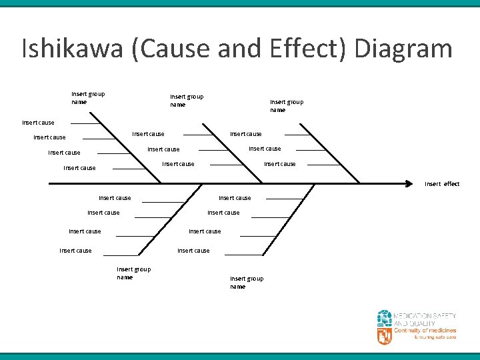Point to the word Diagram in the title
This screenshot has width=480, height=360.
[x=404, y=49]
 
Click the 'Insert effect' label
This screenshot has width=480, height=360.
[x=442, y=184]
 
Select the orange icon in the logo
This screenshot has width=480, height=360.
[x=385, y=335]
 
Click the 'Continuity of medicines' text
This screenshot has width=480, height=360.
[x=425, y=331]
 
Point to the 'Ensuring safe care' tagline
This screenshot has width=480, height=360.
[x=435, y=337]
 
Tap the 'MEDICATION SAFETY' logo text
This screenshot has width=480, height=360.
[x=425, y=315]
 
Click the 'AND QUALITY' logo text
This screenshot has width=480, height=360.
[x=415, y=323]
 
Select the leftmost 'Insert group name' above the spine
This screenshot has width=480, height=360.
[x=88, y=98]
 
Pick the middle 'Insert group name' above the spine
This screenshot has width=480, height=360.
[x=187, y=101]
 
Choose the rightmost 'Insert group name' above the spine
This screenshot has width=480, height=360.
[x=287, y=105]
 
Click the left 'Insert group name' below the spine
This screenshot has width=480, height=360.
[x=133, y=273]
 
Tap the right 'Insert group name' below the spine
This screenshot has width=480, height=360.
[x=247, y=283]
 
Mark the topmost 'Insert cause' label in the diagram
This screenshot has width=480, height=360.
[x=38, y=123]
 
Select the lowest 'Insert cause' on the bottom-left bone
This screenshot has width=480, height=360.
[x=75, y=251]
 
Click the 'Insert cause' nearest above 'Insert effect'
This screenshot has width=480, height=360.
[x=280, y=164]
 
